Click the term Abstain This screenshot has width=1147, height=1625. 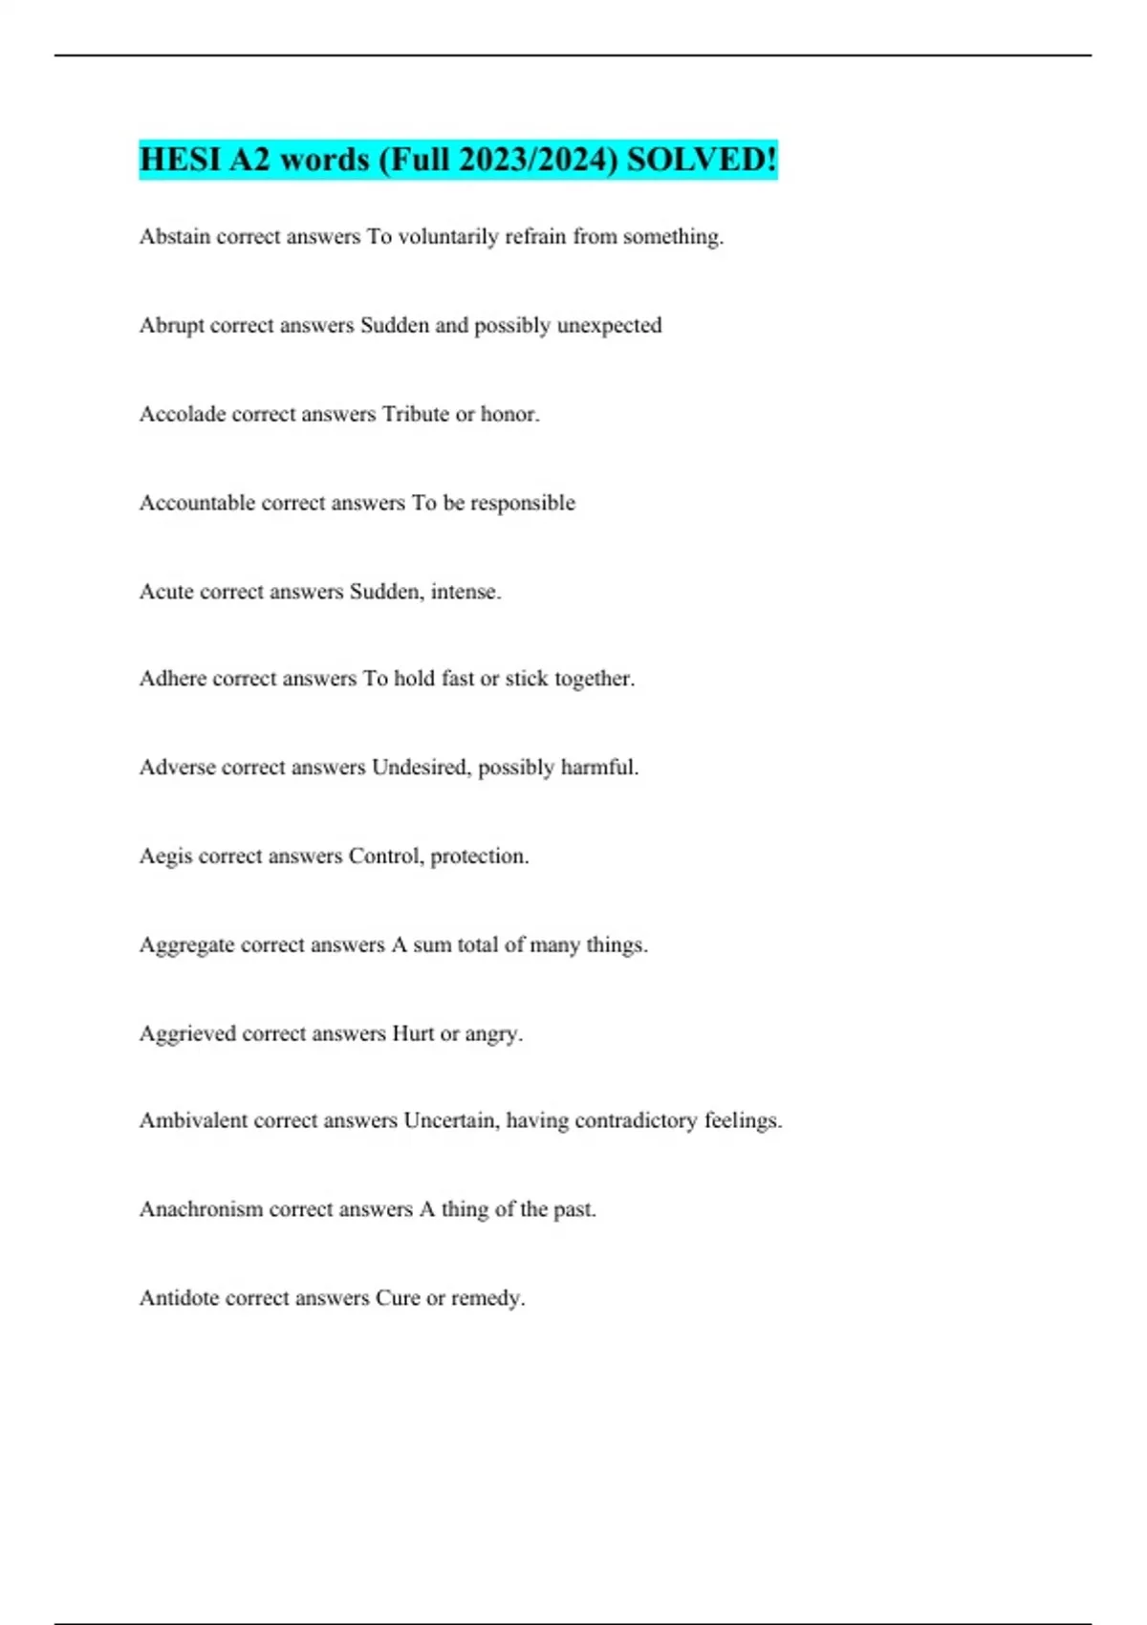pyautogui.click(x=175, y=236)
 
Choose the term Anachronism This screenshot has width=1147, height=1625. pyautogui.click(x=201, y=1209)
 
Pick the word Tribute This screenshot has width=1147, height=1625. pyautogui.click(x=416, y=414)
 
